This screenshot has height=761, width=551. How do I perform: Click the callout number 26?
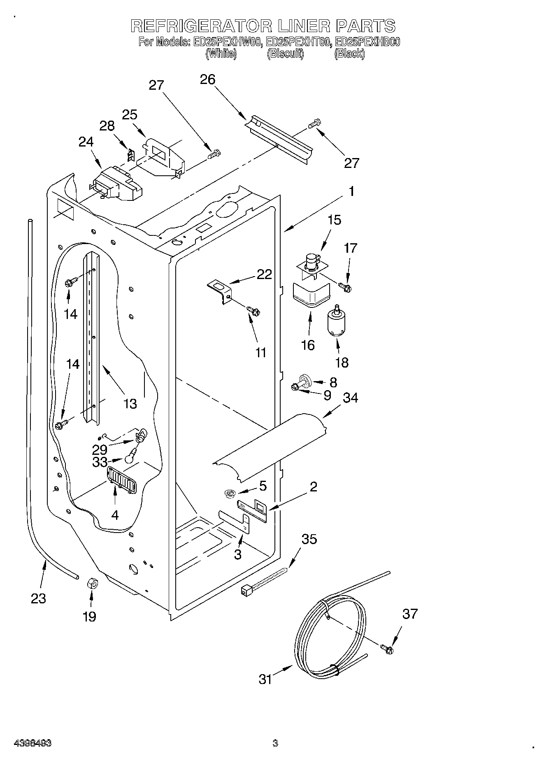point(207,79)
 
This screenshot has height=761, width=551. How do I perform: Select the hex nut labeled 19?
point(92,583)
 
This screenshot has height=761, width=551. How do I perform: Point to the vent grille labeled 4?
point(121,480)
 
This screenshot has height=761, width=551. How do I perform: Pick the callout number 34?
point(350,398)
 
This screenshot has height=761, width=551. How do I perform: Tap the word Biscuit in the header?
point(285,54)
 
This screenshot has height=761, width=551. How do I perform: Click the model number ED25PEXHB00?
point(368,42)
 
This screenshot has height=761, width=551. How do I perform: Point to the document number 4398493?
point(33,743)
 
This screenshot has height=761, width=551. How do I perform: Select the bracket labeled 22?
point(219,291)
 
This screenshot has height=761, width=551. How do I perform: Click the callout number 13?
point(130,404)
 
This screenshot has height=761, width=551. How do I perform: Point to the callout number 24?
point(86,142)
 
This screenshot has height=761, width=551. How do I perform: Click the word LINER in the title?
point(304,26)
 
